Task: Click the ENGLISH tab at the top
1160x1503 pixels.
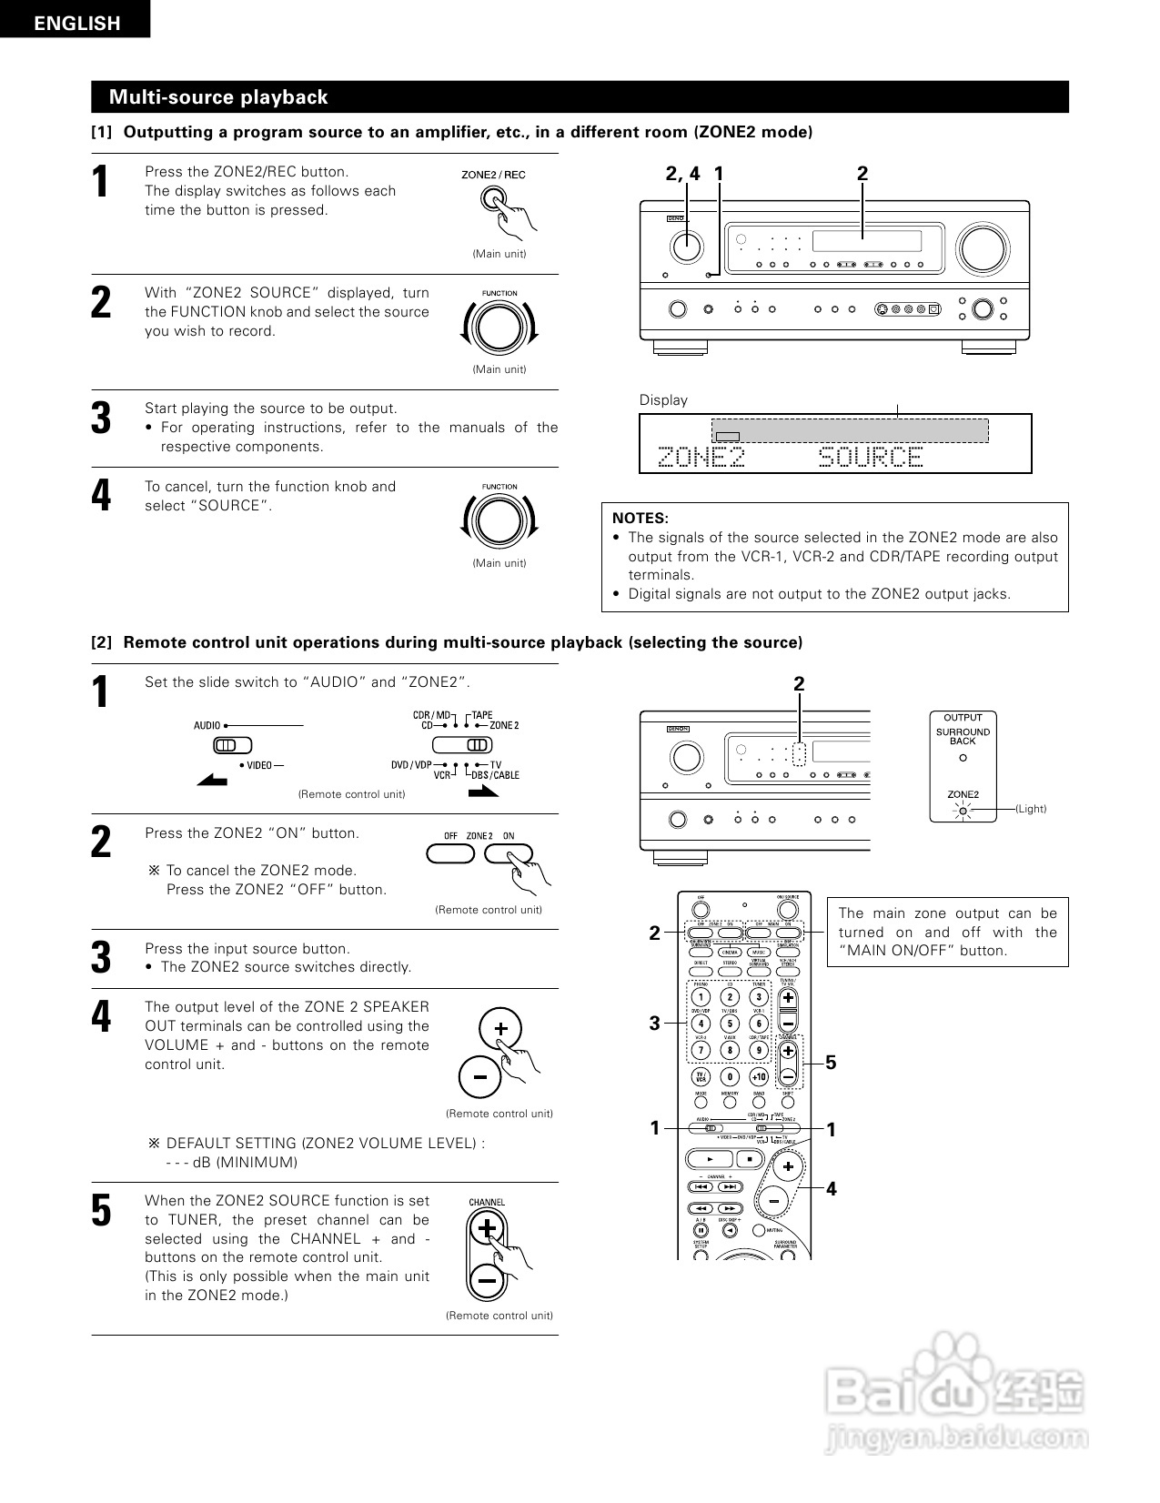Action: click(x=76, y=24)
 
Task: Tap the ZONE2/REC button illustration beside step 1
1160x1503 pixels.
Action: click(x=492, y=199)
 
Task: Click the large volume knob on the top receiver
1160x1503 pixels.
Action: click(x=982, y=247)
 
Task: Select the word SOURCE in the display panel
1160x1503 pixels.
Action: click(x=871, y=457)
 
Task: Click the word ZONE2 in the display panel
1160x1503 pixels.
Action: click(x=701, y=457)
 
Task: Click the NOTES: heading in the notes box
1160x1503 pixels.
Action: click(x=641, y=518)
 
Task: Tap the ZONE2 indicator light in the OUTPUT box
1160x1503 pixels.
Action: click(x=963, y=809)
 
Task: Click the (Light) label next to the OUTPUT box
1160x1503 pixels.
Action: click(x=1031, y=809)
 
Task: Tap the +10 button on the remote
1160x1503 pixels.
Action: click(x=759, y=1077)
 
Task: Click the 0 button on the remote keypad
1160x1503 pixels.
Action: click(x=730, y=1077)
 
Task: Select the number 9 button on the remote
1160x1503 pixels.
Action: click(x=759, y=1050)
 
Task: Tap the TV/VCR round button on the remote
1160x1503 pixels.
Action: click(x=701, y=1077)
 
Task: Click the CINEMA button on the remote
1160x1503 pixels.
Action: click(x=730, y=952)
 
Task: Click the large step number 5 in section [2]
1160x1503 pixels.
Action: click(x=101, y=1211)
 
